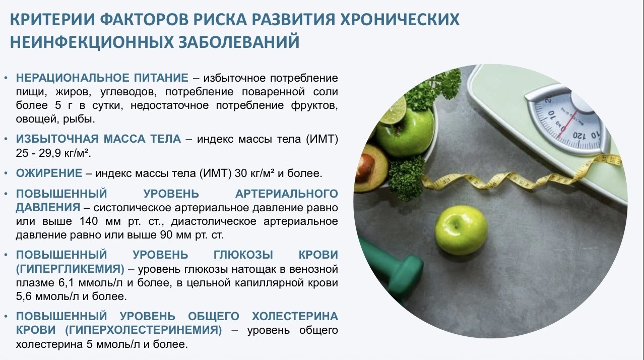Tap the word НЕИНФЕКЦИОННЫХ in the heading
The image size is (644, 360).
pos(91,42)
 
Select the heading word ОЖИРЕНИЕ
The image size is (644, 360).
pos(49,173)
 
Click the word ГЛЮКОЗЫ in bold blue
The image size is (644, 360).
pos(243,255)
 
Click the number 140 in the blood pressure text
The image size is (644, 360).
pos(89,221)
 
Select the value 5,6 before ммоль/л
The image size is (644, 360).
pos(24,296)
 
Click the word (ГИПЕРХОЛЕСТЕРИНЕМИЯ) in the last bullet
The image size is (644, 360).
pos(144,330)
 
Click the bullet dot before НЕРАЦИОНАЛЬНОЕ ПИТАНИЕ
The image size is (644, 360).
pos(6,78)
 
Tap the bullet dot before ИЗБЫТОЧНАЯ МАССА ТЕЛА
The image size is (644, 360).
pos(6,139)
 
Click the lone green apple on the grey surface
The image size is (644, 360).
pos(462,230)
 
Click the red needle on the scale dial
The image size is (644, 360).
pos(567,123)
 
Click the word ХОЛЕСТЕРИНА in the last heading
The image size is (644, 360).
pos(295,316)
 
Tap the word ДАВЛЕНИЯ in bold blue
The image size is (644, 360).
pos(48,208)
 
